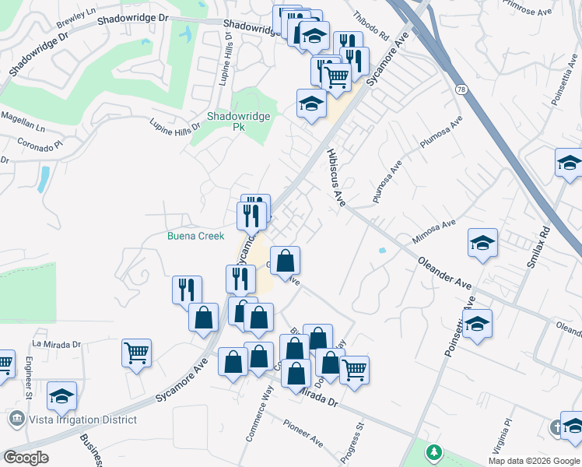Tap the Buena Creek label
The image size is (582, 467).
(x=196, y=236)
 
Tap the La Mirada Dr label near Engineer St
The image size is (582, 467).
(x=56, y=343)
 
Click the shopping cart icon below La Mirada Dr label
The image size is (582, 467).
(x=137, y=352)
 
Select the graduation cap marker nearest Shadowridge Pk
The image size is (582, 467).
(x=310, y=104)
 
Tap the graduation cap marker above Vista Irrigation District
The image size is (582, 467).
(x=61, y=395)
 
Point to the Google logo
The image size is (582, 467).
(x=26, y=457)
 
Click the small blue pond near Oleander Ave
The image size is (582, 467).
(x=380, y=251)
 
